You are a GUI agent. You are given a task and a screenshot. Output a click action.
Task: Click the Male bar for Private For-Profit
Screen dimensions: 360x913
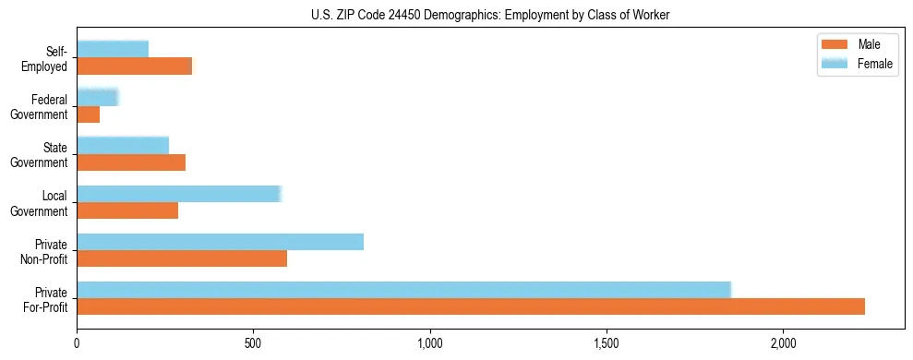coord(471,306)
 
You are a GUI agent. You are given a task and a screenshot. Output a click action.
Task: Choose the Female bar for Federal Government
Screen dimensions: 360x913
coord(98,97)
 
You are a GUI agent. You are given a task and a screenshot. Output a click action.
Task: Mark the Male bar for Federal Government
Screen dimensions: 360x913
coord(88,114)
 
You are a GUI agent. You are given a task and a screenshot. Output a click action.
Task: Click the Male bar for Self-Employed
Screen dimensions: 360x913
coord(135,66)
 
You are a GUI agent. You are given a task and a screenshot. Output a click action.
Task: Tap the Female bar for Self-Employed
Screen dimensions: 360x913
coord(113,49)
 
